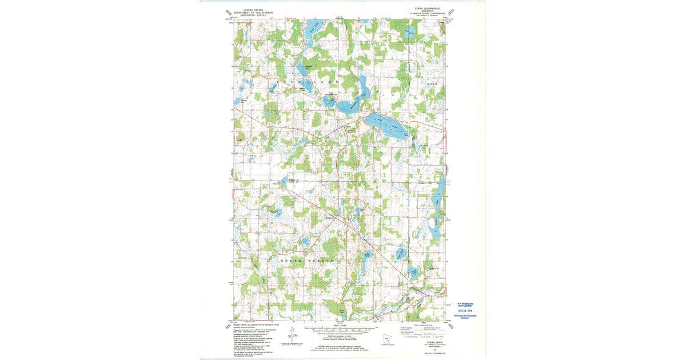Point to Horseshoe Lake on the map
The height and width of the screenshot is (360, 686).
(x=350, y=106)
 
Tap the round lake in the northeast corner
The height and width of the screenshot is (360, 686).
(x=409, y=34)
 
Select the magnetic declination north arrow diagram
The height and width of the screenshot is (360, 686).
(x=292, y=335)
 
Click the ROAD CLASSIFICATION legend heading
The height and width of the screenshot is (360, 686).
(x=421, y=324)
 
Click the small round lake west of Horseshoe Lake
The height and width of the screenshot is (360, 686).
(x=329, y=102)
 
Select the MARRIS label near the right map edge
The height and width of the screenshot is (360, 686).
(x=433, y=84)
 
